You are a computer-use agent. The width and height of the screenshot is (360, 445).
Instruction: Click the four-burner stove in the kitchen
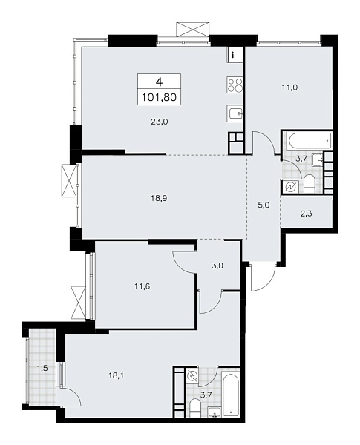point(236,86)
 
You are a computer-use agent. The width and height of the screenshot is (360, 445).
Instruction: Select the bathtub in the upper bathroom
point(307,139)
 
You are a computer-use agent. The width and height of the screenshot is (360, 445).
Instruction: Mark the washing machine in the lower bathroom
point(192,377)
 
